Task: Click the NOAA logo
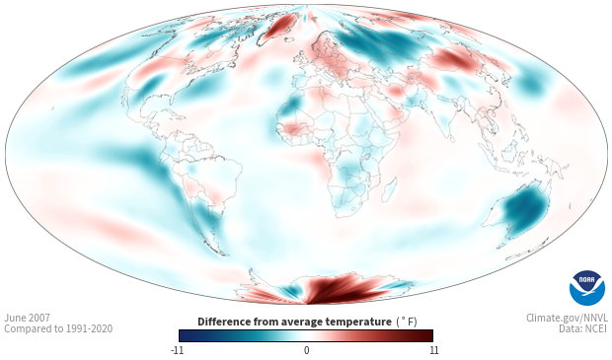click(x=587, y=288)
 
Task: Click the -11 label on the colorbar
click(x=177, y=350)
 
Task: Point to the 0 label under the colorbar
click(x=306, y=350)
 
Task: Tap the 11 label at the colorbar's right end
click(x=433, y=350)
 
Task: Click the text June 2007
click(x=27, y=318)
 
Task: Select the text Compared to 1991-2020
click(x=58, y=328)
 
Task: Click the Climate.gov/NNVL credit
click(x=567, y=318)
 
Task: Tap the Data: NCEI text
click(x=583, y=328)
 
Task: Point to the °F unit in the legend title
click(x=407, y=322)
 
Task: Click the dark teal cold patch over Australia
click(x=524, y=211)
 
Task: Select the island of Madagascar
click(x=391, y=188)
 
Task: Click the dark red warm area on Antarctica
click(x=336, y=289)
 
